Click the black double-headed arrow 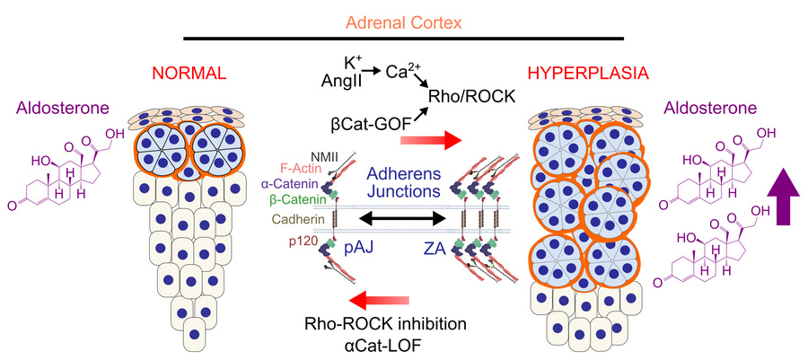404,218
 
